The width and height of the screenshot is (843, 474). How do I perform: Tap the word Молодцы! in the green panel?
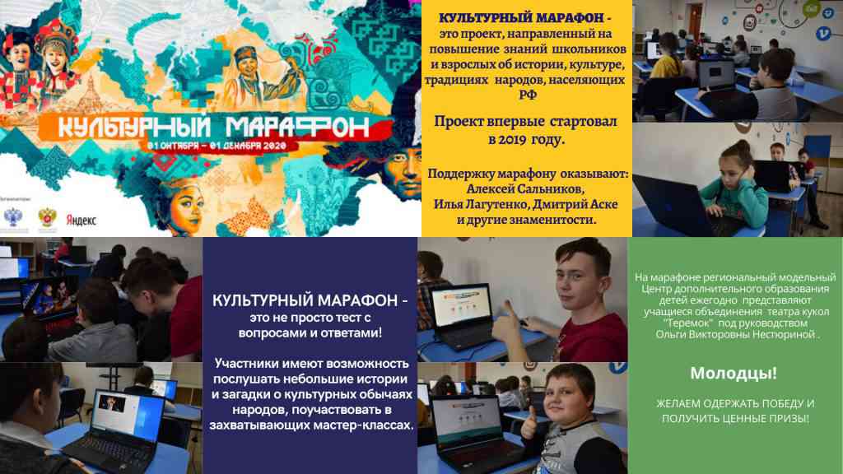coord(734,373)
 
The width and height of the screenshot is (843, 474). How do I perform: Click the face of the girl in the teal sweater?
coord(735,165)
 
